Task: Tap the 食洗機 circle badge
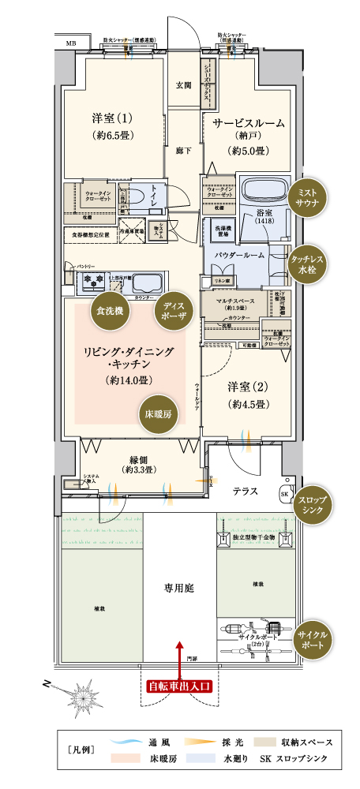click(110, 310)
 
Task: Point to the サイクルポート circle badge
click(309, 639)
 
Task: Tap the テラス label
click(246, 491)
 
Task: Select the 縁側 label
click(137, 461)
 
